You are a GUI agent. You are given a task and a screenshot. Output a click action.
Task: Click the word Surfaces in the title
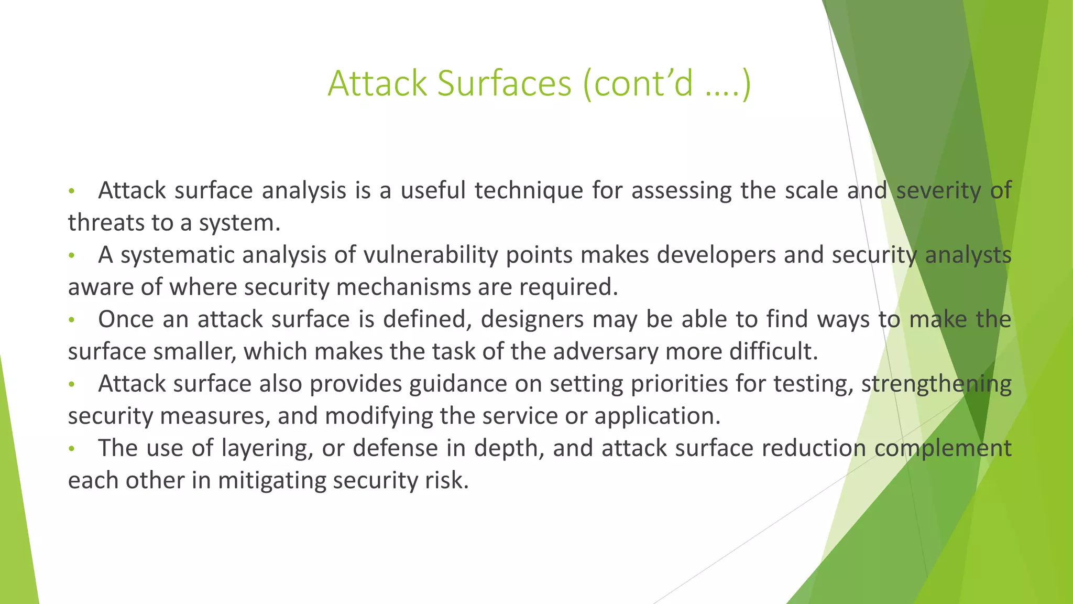(504, 83)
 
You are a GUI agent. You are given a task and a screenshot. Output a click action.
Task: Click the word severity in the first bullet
(938, 190)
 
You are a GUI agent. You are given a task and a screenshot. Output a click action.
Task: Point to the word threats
(105, 223)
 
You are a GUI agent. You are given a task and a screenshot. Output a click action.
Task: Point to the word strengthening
(936, 384)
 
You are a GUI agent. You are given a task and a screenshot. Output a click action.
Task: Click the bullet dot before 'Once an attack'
(72, 320)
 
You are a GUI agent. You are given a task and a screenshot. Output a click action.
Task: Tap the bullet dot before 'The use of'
(72, 449)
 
